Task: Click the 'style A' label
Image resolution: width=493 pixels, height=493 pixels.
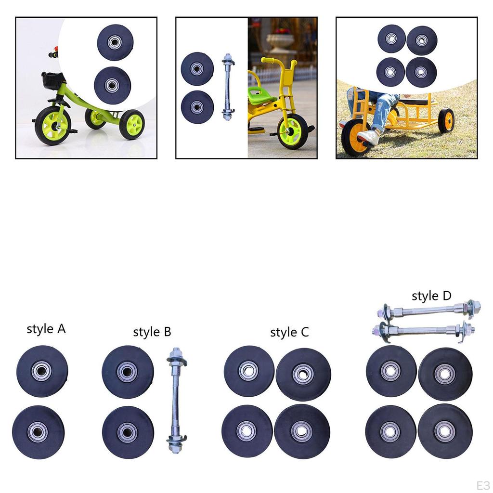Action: coord(46,329)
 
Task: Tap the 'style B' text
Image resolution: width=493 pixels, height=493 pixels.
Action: coord(152,332)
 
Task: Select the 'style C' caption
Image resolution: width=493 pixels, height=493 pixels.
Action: coord(289,332)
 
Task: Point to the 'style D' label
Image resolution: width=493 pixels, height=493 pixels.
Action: coord(431,296)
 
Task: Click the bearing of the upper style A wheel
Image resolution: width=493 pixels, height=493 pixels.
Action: coord(41,371)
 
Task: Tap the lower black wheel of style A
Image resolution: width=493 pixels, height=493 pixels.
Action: coord(38,432)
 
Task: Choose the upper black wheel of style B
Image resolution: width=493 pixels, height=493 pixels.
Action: coord(128,371)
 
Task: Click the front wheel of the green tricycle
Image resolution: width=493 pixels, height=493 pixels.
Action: coord(52,126)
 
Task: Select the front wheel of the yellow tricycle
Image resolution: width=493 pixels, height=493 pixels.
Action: coord(292,130)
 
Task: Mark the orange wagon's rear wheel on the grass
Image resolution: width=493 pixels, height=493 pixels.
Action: coord(446,120)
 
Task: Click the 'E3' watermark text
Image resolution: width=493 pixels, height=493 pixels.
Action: coord(482,484)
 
